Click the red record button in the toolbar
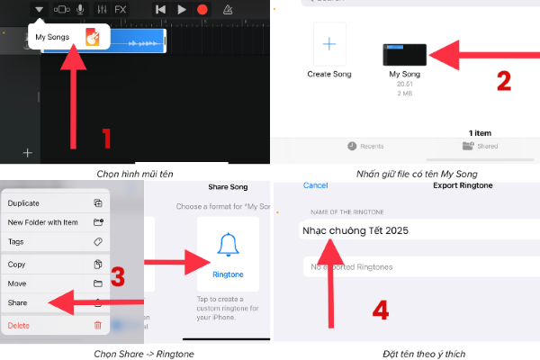[x=202, y=9]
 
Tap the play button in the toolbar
[x=182, y=9]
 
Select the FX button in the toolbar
[x=120, y=9]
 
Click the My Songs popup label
[x=53, y=38]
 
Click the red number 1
[x=105, y=139]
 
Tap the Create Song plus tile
[x=329, y=44]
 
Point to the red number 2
[x=503, y=82]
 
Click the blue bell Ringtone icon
[x=227, y=247]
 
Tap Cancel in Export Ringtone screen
[x=315, y=185]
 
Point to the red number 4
[x=382, y=311]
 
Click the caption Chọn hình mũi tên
[x=135, y=173]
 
